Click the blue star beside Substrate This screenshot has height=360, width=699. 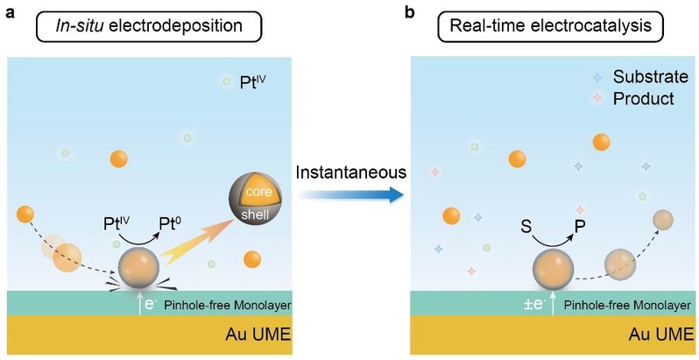tap(597, 77)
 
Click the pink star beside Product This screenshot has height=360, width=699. tap(597, 98)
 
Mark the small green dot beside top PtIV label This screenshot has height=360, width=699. tap(227, 84)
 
